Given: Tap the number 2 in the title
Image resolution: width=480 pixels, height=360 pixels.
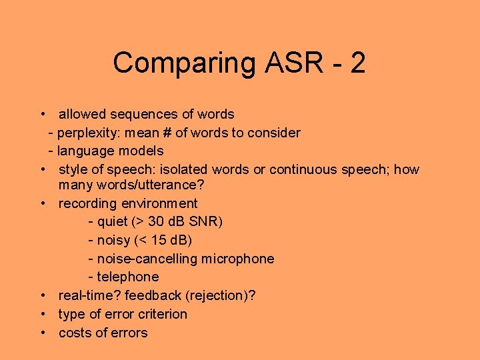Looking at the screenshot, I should (x=357, y=63).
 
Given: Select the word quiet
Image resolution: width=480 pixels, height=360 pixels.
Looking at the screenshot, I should (x=114, y=221).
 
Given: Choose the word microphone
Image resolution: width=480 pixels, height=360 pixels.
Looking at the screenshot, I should (x=237, y=259).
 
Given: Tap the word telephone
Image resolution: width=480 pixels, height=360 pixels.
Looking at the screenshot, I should (x=128, y=277).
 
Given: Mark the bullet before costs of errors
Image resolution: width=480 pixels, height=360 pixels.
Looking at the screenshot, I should (x=43, y=333).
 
